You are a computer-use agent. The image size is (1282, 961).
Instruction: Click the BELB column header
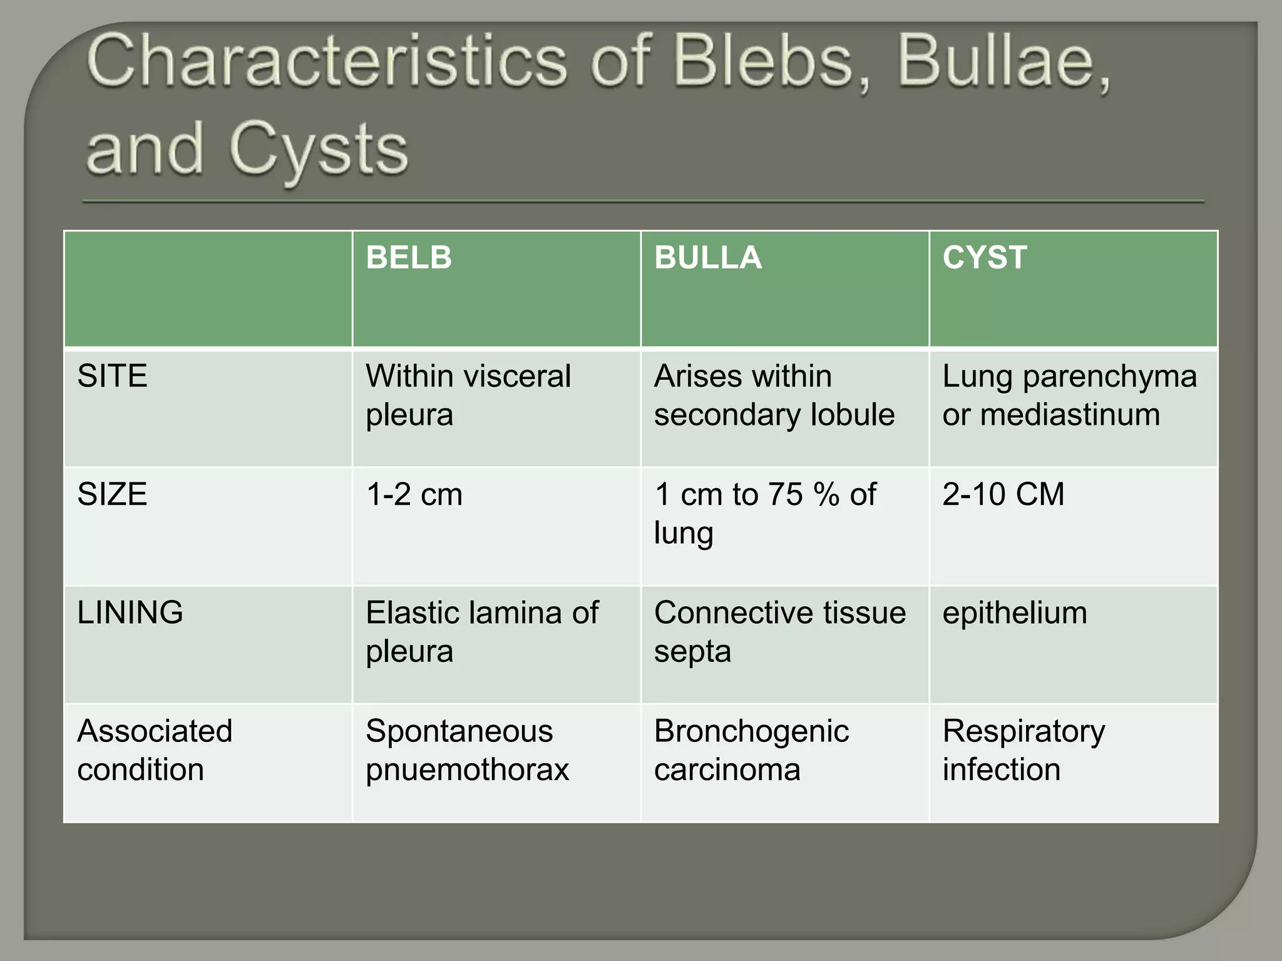(409, 258)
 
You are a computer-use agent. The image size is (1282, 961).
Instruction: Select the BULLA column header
(707, 258)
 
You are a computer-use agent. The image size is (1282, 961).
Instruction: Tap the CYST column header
(984, 258)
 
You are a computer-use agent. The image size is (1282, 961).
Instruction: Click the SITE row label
(112, 377)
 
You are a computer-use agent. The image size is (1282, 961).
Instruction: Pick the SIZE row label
(112, 494)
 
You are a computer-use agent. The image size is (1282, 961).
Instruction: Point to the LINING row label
(130, 613)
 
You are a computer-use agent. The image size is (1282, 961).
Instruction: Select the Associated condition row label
(155, 750)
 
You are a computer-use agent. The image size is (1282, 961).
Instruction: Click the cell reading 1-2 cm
(414, 494)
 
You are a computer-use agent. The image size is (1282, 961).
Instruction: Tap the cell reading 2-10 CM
(1003, 494)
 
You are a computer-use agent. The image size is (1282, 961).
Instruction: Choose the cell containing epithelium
(1015, 613)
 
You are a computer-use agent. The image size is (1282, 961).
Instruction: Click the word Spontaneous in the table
(459, 731)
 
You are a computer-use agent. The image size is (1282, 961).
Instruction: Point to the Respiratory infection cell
(1023, 750)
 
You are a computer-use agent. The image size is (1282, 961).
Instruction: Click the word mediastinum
(1070, 415)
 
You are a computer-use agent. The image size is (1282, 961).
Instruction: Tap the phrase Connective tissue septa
(779, 631)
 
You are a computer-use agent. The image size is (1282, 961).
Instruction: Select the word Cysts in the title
(319, 150)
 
